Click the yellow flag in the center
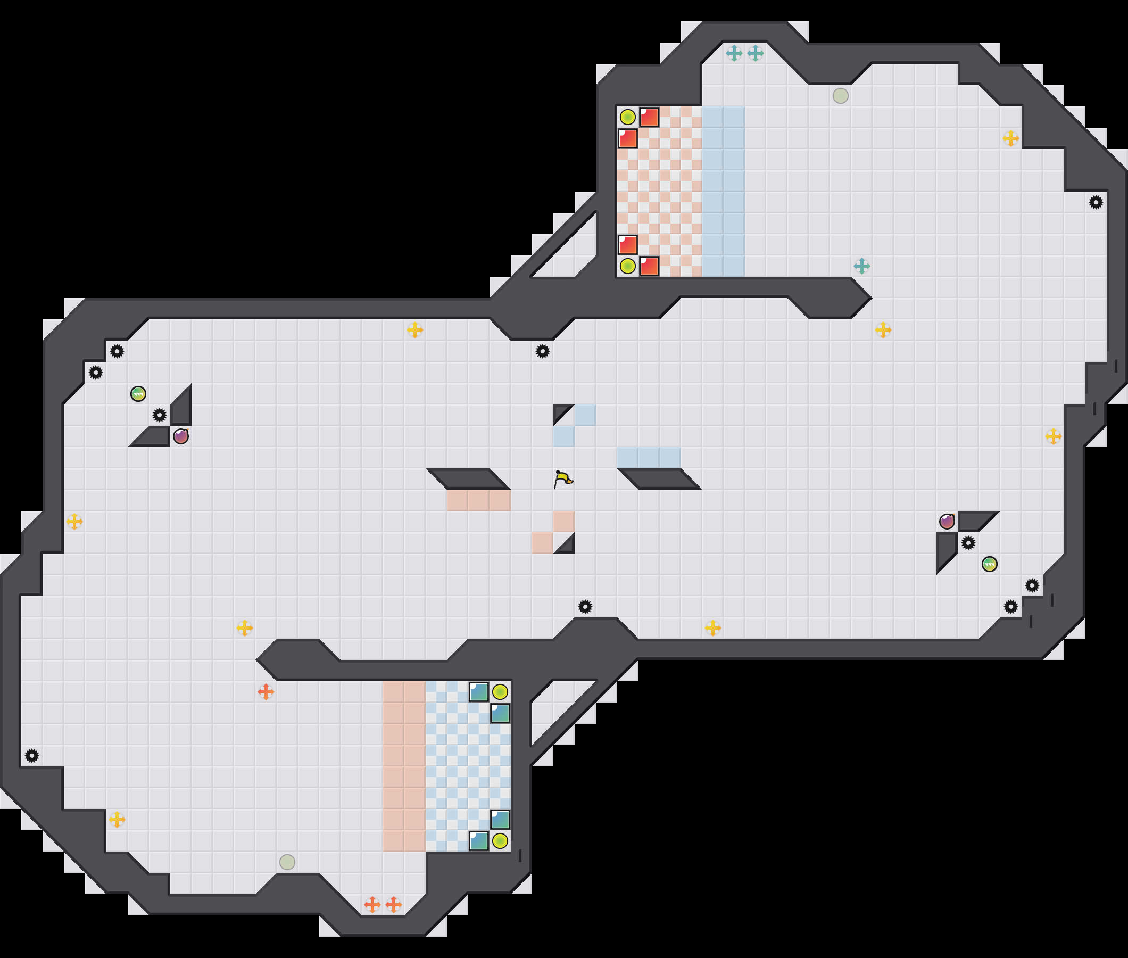tap(563, 479)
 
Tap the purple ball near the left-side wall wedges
tap(181, 436)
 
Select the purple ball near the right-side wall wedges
tap(947, 522)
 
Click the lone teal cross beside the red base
tap(861, 266)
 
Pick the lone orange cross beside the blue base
tap(266, 692)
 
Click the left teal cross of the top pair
tap(734, 53)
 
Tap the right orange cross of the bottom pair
tap(394, 905)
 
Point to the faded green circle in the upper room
tap(840, 96)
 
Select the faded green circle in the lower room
tap(287, 862)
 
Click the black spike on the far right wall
tap(1096, 203)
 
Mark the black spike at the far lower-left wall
tap(32, 755)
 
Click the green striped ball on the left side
tap(138, 394)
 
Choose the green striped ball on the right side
tap(990, 564)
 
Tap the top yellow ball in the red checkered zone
tap(627, 117)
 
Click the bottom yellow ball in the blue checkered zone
tap(500, 841)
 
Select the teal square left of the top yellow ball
tap(479, 692)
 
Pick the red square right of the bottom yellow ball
tap(649, 266)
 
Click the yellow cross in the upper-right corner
tap(1011, 138)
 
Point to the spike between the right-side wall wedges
tap(968, 542)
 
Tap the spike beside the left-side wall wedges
tap(160, 416)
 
